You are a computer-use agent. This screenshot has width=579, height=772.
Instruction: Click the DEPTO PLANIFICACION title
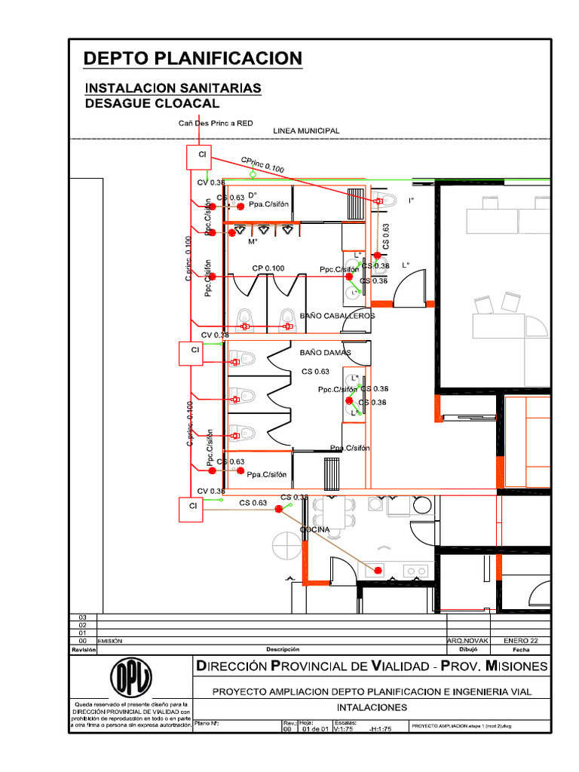click(192, 58)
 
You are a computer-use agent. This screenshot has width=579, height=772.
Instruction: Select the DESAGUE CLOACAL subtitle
click(152, 103)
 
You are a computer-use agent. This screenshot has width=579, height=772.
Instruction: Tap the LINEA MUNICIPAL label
click(306, 130)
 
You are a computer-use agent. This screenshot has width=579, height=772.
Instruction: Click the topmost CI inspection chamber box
click(201, 157)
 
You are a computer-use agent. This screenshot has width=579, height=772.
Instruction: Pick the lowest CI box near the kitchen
click(193, 508)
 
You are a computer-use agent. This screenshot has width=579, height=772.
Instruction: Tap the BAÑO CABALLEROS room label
click(337, 316)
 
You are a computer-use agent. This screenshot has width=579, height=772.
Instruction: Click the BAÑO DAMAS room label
click(325, 352)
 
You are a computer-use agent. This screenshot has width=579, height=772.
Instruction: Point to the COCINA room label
click(315, 530)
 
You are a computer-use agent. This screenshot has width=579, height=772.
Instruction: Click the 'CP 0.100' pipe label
click(268, 268)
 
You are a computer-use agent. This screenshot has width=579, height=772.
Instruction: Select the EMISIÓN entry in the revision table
click(110, 640)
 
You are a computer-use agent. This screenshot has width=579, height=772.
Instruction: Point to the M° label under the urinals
click(253, 242)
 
